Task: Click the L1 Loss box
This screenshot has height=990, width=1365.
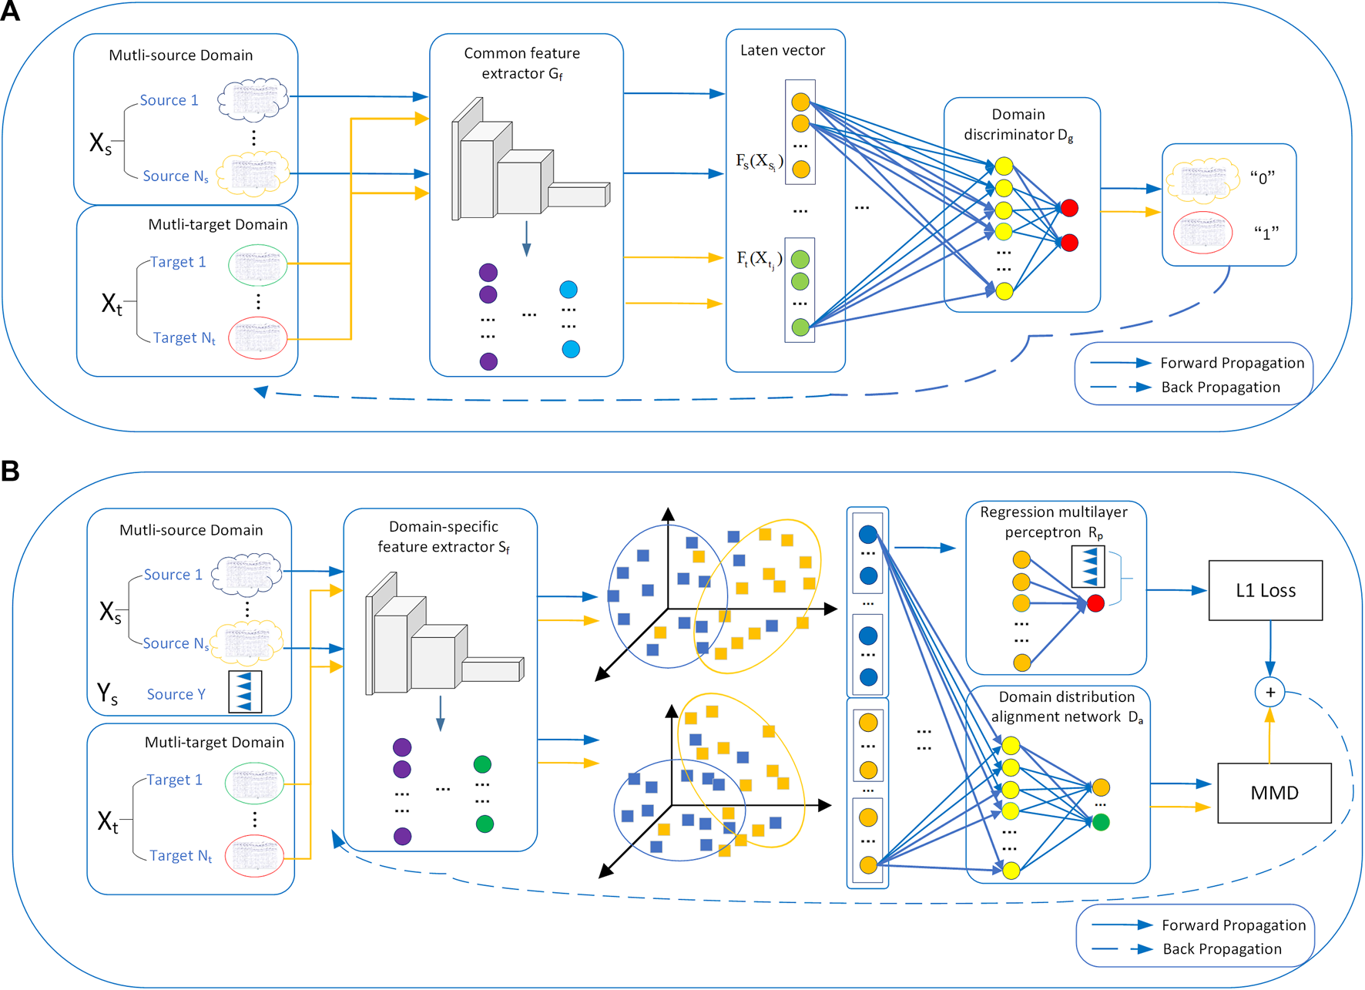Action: pos(1265,590)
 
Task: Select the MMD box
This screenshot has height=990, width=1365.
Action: pos(1274,793)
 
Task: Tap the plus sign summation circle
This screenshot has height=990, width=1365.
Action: pos(1269,692)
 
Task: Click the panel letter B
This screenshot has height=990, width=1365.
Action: pos(10,471)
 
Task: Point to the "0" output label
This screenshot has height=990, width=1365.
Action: pos(1263,178)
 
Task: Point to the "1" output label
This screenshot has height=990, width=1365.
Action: pos(1266,233)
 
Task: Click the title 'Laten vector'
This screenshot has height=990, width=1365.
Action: pos(782,50)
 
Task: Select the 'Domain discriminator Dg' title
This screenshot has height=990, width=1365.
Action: pos(1018,124)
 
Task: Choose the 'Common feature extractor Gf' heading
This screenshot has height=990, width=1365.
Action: pos(522,63)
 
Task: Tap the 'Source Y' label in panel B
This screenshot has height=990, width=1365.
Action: pos(176,694)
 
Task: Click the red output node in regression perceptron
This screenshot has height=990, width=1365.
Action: pos(1095,603)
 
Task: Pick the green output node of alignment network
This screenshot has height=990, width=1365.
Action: pos(1101,822)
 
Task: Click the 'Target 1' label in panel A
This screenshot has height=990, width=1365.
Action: pos(178,262)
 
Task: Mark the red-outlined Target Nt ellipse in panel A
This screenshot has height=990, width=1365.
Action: pos(257,337)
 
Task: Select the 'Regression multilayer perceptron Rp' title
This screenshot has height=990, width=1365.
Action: pos(1054,522)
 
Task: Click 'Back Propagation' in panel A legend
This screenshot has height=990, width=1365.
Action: pos(1220,387)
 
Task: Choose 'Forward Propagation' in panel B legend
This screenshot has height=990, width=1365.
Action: pos(1233,925)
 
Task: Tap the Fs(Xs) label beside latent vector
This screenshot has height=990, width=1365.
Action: pos(760,161)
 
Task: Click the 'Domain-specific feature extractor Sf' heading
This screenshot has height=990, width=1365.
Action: pos(443,536)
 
